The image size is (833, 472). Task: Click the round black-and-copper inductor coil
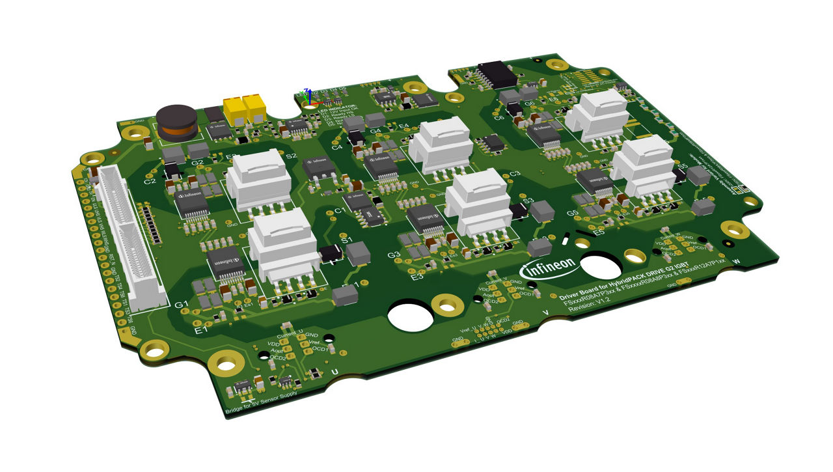(x=177, y=122)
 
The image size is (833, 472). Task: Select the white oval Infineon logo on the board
(x=548, y=266)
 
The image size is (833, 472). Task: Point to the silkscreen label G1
(x=182, y=304)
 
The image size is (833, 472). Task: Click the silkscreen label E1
(x=201, y=330)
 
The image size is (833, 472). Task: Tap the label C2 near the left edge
(x=150, y=181)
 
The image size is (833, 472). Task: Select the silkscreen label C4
(x=336, y=148)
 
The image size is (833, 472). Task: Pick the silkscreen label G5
(x=573, y=214)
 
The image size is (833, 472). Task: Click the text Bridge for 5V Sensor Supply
(x=261, y=402)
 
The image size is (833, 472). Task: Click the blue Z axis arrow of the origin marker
(x=309, y=93)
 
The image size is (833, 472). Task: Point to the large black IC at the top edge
(x=497, y=74)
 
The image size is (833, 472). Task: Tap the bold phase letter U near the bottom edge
(x=335, y=371)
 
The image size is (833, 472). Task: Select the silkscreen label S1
(x=347, y=239)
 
